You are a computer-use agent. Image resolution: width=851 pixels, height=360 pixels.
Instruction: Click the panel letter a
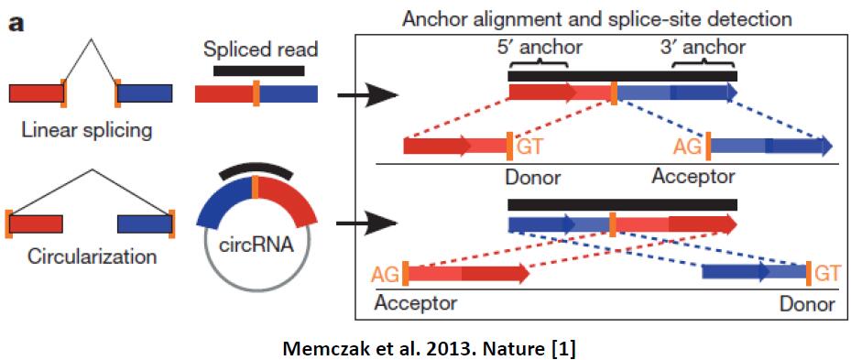point(16,25)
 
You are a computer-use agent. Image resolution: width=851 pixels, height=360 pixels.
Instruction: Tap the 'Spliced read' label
point(260,50)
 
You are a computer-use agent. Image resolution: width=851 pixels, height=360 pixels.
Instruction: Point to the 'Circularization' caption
point(86,256)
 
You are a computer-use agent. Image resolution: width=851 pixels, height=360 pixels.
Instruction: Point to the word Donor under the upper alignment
point(532,177)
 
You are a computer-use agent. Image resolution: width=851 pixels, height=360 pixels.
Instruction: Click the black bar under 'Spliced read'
point(259,71)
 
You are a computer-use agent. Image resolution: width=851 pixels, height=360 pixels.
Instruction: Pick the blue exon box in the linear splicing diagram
point(145,93)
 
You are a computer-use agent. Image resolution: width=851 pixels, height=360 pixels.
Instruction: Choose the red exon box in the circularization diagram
point(36,224)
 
